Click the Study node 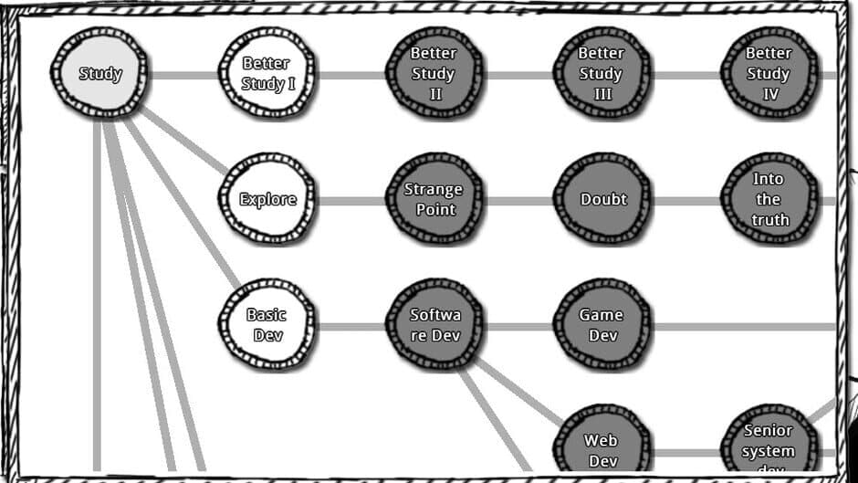point(99,74)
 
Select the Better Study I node point(267,74)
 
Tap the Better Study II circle point(434,74)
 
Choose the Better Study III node point(602,74)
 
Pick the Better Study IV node point(769,74)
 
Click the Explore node point(267,199)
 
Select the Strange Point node point(434,199)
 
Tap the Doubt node point(602,199)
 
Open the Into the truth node point(769,199)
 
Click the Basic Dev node point(267,325)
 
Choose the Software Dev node point(434,325)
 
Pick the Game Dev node point(602,325)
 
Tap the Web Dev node point(602,448)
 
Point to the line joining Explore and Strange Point point(351,200)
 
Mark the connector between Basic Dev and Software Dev point(351,326)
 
